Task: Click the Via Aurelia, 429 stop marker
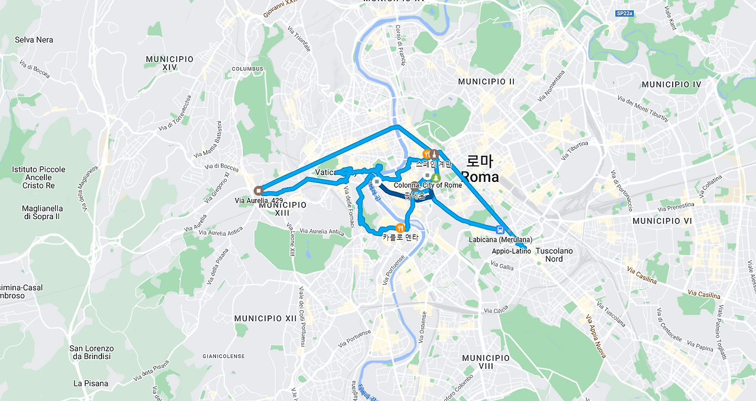point(258,190)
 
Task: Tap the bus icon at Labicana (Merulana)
point(500,230)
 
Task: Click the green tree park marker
point(436,177)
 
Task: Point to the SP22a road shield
point(624,13)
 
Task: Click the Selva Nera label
point(34,40)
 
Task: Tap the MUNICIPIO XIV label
point(170,63)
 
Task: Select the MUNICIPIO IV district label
point(671,84)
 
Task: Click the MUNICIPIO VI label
point(661,220)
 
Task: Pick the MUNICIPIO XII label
point(265,318)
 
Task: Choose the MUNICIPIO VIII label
point(485,362)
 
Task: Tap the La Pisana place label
point(91,383)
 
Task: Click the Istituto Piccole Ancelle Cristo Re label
point(38,177)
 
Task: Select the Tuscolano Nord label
point(554,255)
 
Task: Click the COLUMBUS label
point(247,69)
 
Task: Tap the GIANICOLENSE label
point(223,356)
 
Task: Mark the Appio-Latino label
point(511,251)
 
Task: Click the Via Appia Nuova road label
point(595,337)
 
